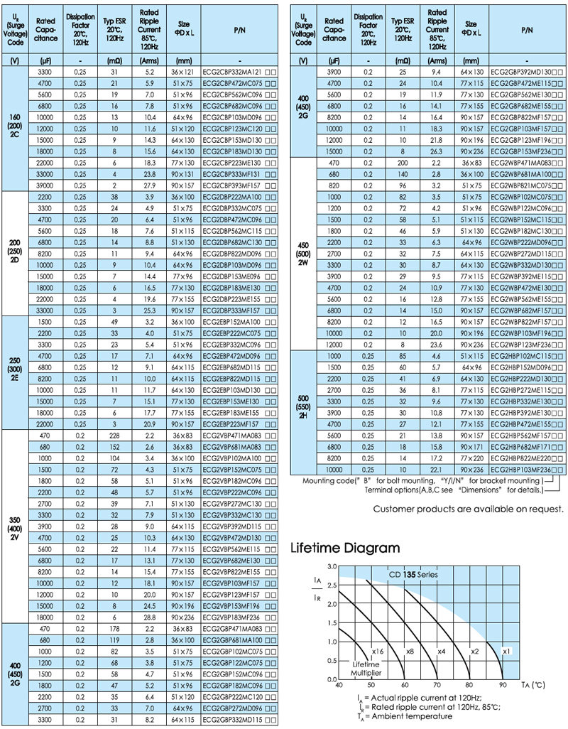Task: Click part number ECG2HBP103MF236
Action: click(524, 470)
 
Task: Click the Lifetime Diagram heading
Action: click(346, 548)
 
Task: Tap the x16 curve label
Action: click(377, 651)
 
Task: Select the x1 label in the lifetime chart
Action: click(506, 651)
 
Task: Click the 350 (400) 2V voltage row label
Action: click(15, 526)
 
